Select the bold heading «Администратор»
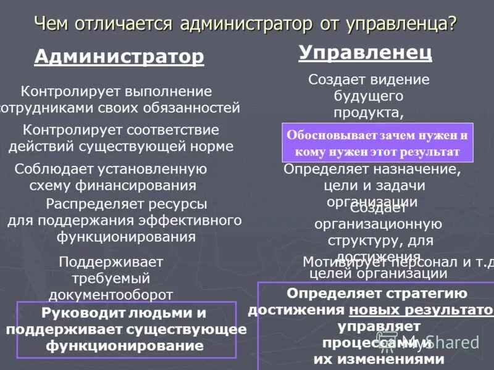(x=119, y=57)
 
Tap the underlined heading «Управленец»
(x=366, y=52)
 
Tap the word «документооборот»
(x=111, y=294)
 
